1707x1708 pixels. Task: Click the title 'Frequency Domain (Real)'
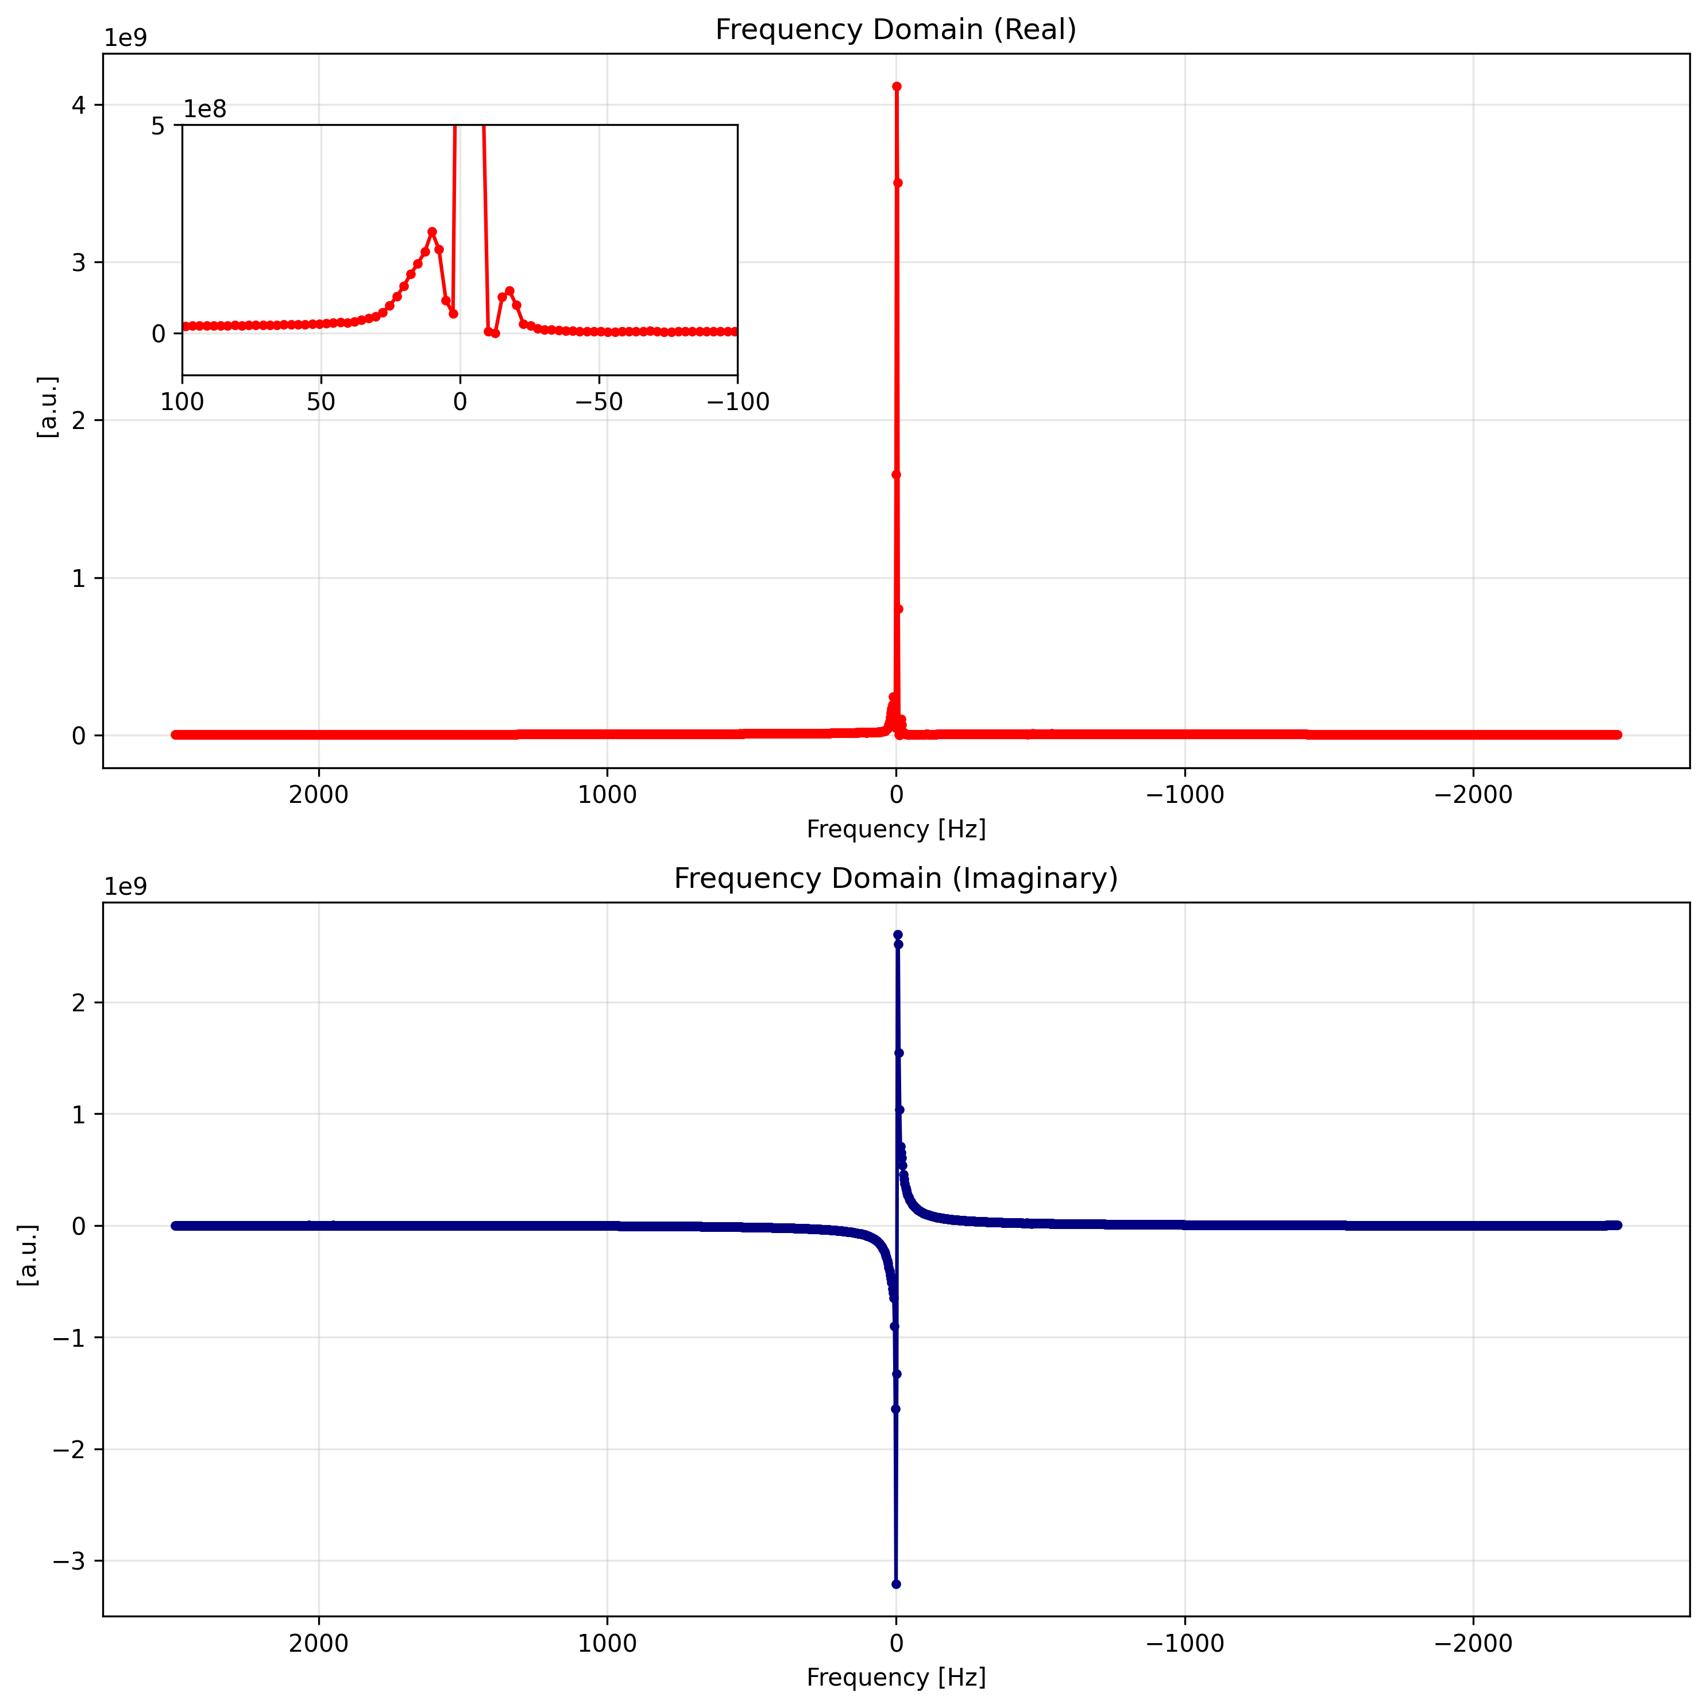[895, 30]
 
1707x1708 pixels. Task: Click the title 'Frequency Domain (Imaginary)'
[895, 878]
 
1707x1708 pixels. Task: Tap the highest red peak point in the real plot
[897, 87]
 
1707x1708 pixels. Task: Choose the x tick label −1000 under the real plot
[1184, 795]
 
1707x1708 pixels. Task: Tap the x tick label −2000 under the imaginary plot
[1473, 1644]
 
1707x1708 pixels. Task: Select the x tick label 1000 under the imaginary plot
[607, 1644]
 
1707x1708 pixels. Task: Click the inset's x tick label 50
[321, 402]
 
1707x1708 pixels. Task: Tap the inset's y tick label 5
[158, 126]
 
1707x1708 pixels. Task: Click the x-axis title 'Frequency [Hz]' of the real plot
[895, 829]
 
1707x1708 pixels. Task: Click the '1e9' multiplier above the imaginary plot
[126, 887]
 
